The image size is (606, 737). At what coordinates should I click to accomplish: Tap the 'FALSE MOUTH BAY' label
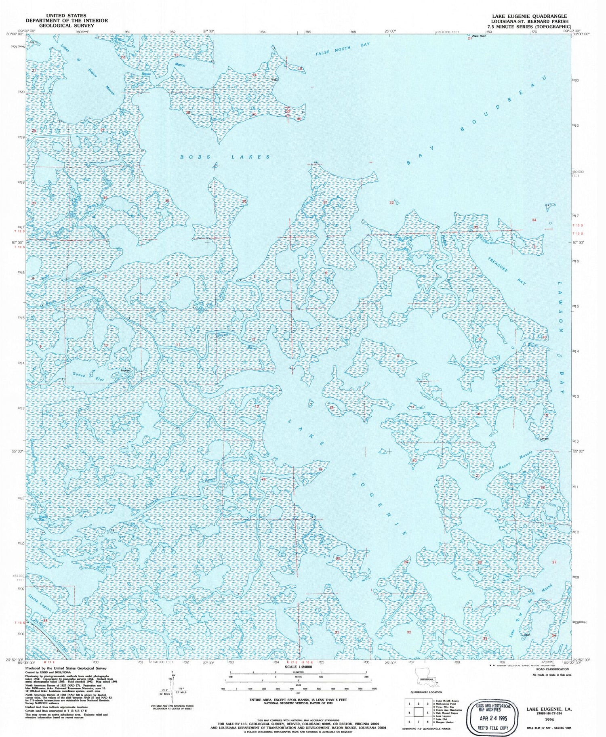click(343, 49)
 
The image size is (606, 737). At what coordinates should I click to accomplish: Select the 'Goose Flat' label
click(83, 374)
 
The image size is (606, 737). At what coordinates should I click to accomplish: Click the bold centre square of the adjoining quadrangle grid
click(418, 713)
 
